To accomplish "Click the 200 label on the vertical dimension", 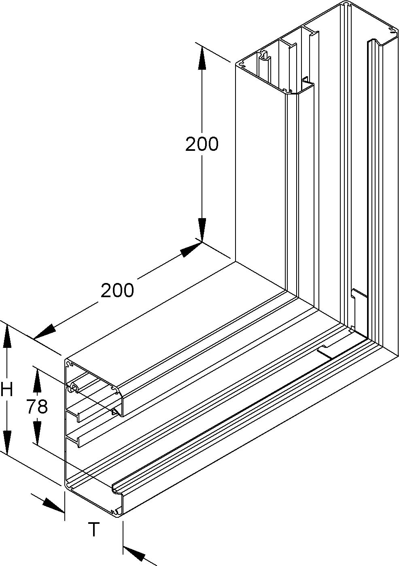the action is pyautogui.click(x=202, y=144).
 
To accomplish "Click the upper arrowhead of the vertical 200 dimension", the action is pyautogui.click(x=202, y=58).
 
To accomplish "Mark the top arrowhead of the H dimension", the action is pyautogui.click(x=7, y=338).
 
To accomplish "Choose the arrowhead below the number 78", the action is pyautogui.click(x=37, y=433).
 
